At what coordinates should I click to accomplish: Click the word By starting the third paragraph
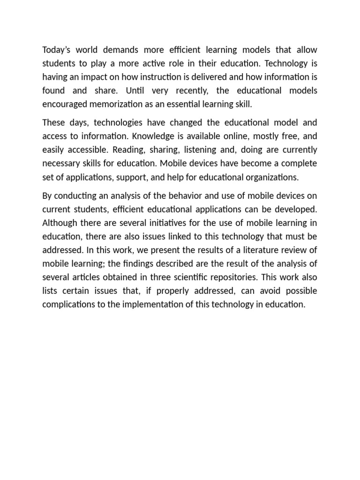click(x=47, y=195)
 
